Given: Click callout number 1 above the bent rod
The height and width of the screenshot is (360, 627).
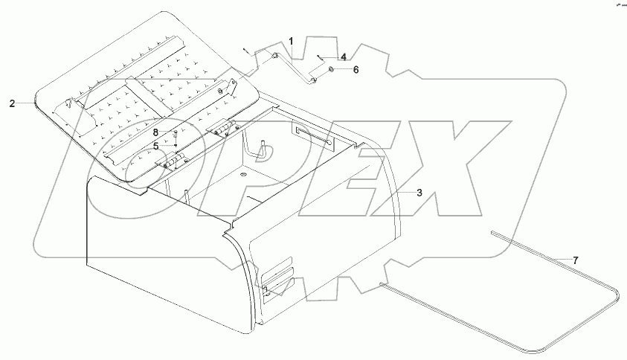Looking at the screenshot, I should [292, 40].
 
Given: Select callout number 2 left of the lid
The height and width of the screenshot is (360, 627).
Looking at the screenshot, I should [12, 104].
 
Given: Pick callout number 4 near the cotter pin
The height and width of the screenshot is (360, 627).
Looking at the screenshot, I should [343, 57].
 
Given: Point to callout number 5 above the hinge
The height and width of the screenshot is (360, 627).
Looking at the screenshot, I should [156, 146].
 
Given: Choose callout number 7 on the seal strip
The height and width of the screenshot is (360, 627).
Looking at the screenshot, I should [574, 260].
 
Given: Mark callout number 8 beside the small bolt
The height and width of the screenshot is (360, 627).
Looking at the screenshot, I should [156, 132].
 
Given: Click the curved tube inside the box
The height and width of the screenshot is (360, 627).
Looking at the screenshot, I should [260, 150].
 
